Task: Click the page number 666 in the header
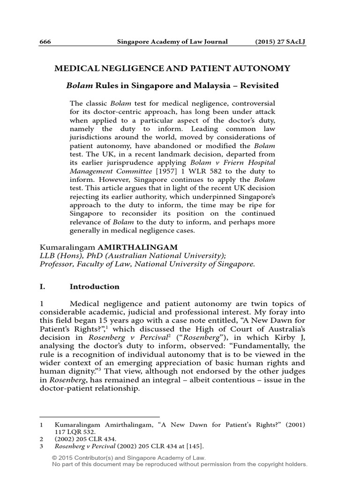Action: click(45, 42)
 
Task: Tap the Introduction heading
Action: click(94, 286)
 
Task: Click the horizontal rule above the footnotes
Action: click(100, 416)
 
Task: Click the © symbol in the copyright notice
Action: click(54, 457)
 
